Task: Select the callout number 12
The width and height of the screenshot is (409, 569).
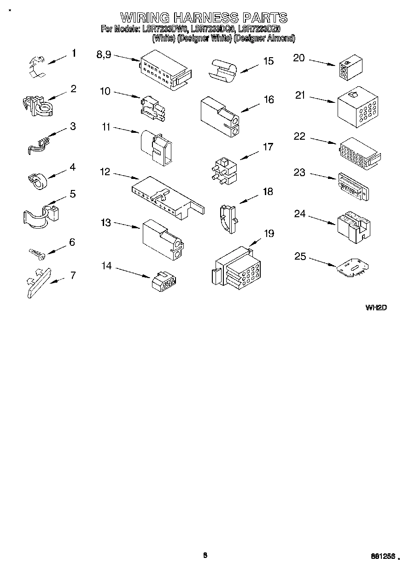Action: [105, 172]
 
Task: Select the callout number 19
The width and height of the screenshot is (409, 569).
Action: [268, 233]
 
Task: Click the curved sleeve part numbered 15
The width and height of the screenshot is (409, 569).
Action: [223, 70]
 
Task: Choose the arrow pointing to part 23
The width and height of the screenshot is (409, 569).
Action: [323, 177]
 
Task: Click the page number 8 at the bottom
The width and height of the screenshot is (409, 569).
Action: [205, 555]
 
